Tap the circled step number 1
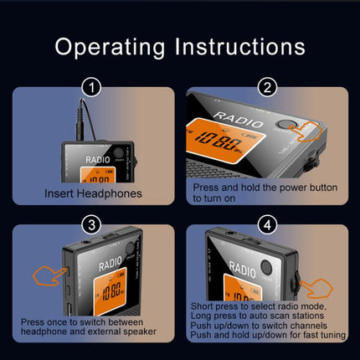pos(91,85)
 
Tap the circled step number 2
pos(268,85)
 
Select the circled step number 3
pos(91,224)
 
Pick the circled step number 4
pos(268,224)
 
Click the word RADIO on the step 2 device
pos(231,114)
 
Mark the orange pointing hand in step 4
pos(316,290)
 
